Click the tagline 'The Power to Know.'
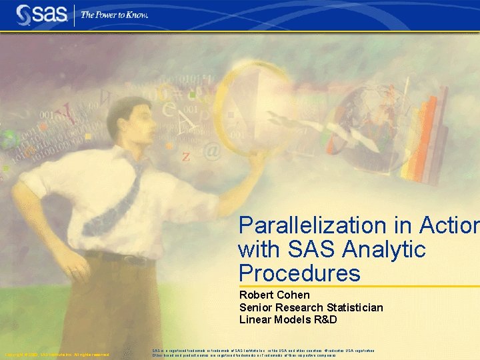tap(115, 14)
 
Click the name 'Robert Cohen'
tap(275, 295)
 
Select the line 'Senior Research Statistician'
tap(311, 307)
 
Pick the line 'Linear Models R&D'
tap(288, 319)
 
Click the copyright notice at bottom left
tap(57, 355)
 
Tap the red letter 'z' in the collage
tap(186, 157)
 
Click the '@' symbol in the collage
tap(211, 152)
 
